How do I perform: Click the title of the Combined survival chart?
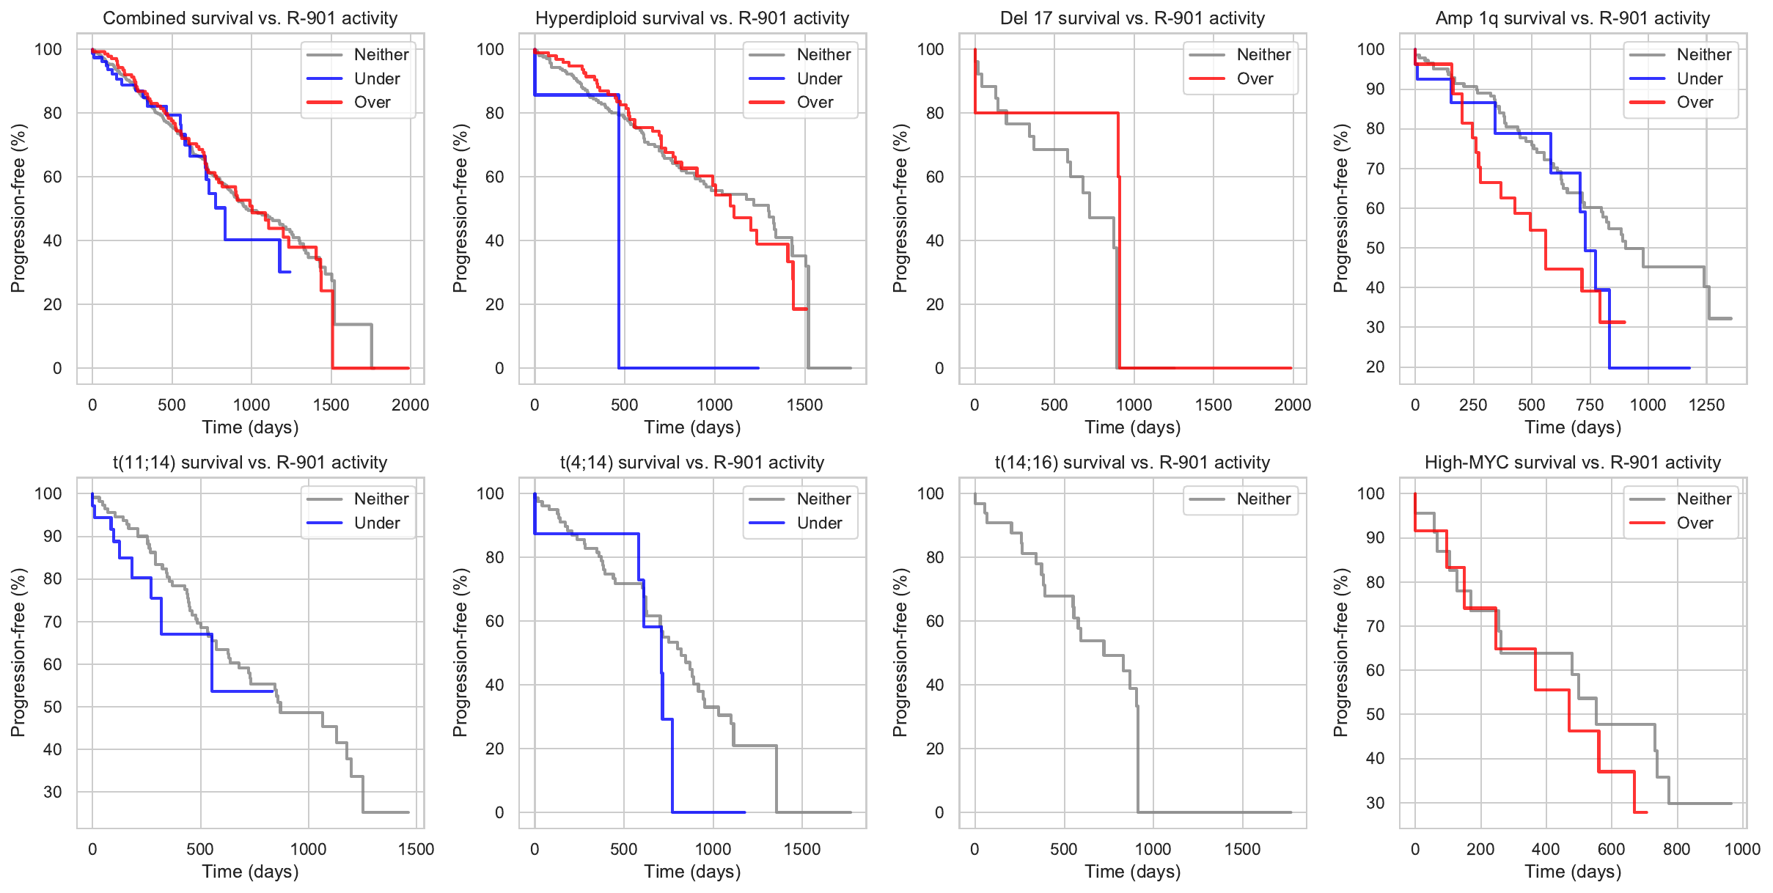250,18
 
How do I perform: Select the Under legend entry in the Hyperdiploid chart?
818,78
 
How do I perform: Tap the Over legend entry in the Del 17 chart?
1255,78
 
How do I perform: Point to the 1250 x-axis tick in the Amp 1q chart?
1706,405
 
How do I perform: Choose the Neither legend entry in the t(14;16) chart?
1263,499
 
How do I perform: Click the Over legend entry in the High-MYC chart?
1695,523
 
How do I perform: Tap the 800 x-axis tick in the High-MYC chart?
1676,849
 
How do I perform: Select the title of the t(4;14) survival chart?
692,463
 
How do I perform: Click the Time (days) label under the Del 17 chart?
1132,427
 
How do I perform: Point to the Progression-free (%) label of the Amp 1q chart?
1341,208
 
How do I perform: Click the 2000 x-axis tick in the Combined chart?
410,405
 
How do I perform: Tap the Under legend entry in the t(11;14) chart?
377,523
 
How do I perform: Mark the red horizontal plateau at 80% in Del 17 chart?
1049,113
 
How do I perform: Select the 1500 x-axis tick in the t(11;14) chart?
416,849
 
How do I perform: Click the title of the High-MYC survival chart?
1572,463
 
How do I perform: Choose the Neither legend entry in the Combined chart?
381,54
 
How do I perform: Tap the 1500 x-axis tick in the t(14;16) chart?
1242,849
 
